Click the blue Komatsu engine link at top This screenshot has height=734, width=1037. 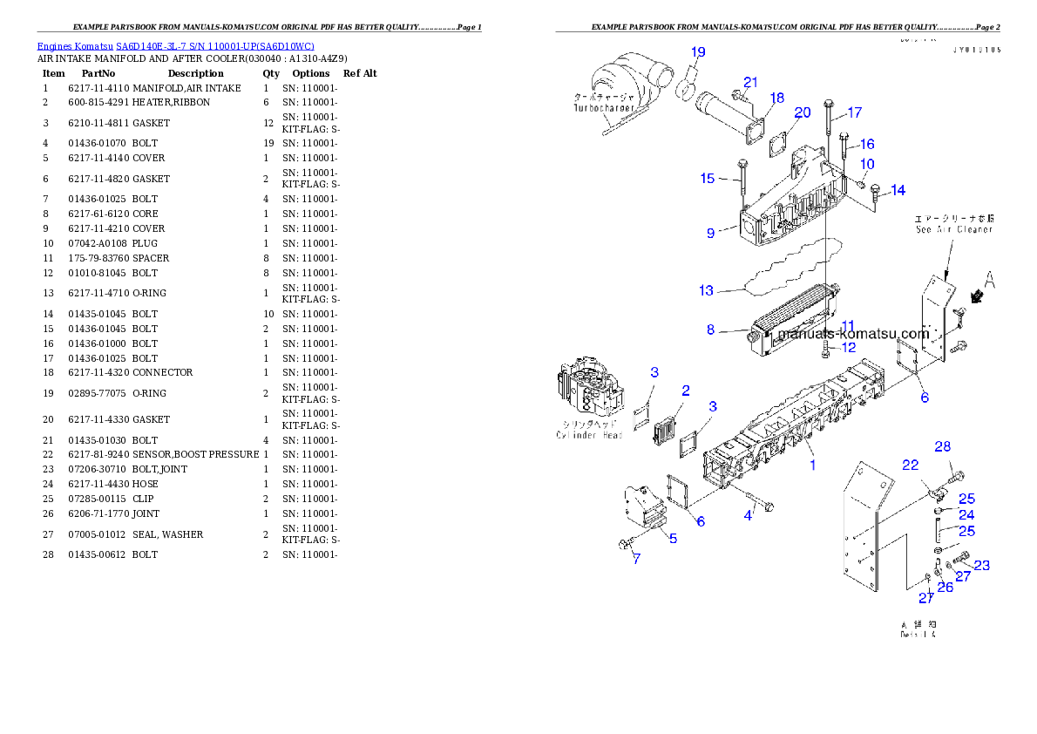point(175,46)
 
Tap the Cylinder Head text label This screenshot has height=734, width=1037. point(590,435)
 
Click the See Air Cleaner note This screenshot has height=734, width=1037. point(953,229)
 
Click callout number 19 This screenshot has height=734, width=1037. point(698,52)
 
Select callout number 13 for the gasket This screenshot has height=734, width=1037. point(706,290)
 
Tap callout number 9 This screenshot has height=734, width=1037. point(711,233)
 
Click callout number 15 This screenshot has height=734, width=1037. point(708,179)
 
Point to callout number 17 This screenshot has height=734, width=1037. point(854,112)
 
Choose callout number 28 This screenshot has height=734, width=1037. point(943,446)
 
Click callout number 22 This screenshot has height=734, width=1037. point(910,466)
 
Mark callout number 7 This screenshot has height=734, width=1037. point(636,559)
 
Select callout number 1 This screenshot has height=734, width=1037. point(812,465)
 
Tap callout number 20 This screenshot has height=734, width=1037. point(803,112)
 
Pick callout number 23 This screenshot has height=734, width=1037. point(981,565)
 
